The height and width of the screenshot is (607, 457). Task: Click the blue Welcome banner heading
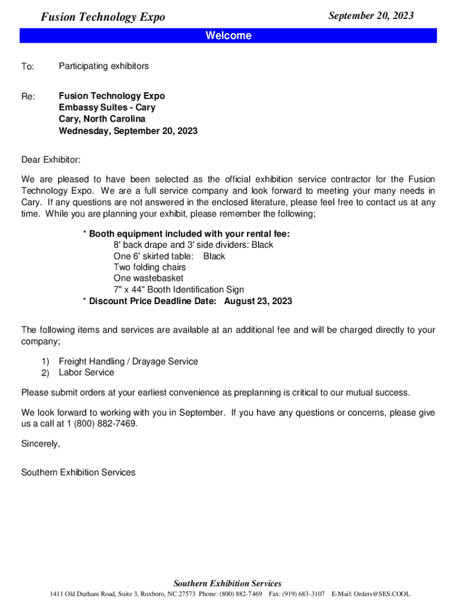(228, 36)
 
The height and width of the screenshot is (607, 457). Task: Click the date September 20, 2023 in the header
(371, 16)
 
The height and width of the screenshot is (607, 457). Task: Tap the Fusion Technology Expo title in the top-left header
(103, 17)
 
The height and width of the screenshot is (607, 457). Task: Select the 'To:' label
(28, 68)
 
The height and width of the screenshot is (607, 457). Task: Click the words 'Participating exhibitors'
(104, 66)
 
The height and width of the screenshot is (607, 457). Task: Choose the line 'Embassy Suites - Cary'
(107, 107)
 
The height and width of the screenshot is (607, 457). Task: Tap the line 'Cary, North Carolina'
(102, 119)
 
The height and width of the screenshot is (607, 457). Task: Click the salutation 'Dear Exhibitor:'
(50, 160)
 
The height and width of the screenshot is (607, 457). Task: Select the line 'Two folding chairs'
(150, 267)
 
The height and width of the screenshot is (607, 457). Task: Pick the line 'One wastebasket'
(148, 278)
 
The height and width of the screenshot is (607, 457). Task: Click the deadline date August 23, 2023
(258, 301)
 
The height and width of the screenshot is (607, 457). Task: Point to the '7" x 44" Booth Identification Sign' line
(179, 290)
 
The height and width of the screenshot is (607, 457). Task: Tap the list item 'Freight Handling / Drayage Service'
(128, 361)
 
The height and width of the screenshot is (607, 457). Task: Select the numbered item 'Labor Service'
(86, 372)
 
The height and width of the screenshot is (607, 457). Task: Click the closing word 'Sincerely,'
(40, 443)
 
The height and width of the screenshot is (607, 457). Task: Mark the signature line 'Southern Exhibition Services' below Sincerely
(78, 472)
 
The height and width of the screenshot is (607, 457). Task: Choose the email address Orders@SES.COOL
(379, 594)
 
